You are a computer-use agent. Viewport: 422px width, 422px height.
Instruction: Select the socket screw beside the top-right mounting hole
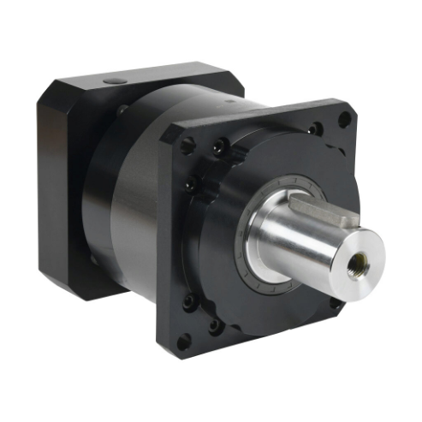click(x=317, y=129)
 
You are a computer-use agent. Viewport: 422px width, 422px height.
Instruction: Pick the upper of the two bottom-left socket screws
click(x=190, y=302)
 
